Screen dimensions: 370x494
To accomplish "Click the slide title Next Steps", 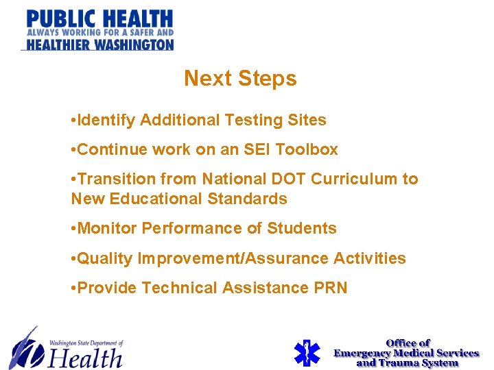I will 240,79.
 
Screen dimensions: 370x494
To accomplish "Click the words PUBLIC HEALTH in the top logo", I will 99,18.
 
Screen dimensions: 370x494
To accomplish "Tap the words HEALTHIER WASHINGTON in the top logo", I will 97,45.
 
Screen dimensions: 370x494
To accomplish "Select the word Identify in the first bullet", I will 107,121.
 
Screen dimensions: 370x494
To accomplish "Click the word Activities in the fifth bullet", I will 370,259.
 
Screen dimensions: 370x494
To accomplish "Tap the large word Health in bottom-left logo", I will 86,358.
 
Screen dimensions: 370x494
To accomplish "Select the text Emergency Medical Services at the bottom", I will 406,353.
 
